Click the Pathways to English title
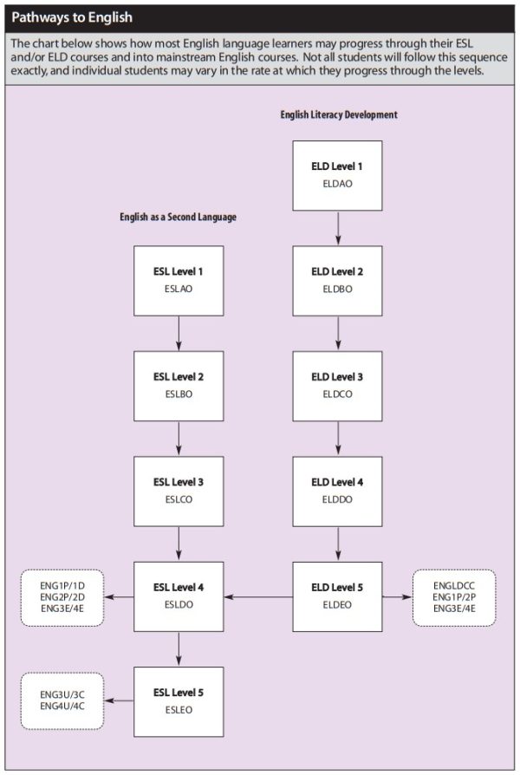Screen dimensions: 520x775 point(72,18)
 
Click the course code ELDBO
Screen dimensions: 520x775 point(338,290)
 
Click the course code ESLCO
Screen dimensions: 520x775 point(179,499)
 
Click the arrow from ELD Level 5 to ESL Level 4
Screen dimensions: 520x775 point(258,597)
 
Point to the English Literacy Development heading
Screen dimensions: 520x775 point(339,114)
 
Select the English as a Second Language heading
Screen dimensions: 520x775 point(178,217)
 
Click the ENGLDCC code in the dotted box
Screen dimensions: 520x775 point(454,586)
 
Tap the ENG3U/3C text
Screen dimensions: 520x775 point(62,695)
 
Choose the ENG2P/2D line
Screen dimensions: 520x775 point(62,597)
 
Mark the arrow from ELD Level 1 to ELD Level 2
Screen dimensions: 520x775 point(338,228)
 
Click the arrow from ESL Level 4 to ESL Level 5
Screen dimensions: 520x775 point(179,649)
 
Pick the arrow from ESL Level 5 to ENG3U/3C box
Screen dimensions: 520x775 point(119,700)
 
